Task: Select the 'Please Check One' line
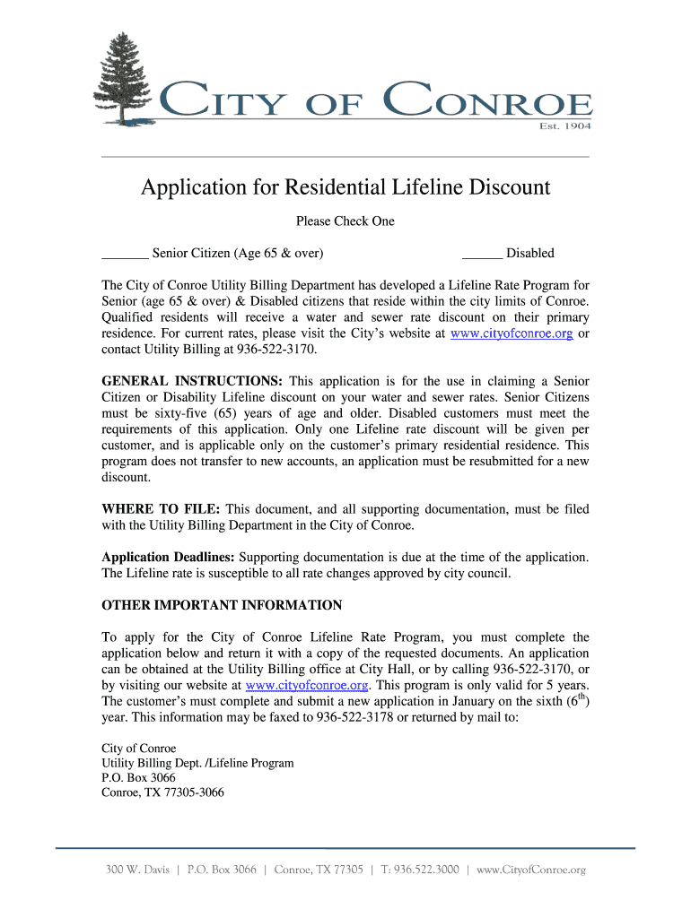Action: (x=345, y=221)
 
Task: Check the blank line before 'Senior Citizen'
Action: (x=125, y=254)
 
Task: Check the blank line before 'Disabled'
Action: (x=481, y=254)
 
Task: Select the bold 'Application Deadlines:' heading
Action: (x=168, y=558)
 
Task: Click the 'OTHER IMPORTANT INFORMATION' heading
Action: (x=222, y=605)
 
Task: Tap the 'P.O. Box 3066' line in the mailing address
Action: (x=138, y=778)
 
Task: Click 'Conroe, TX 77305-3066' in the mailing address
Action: (x=162, y=793)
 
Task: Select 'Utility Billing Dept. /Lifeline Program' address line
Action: (x=197, y=763)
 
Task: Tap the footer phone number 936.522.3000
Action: (x=427, y=870)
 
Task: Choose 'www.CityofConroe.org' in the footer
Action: (x=530, y=870)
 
